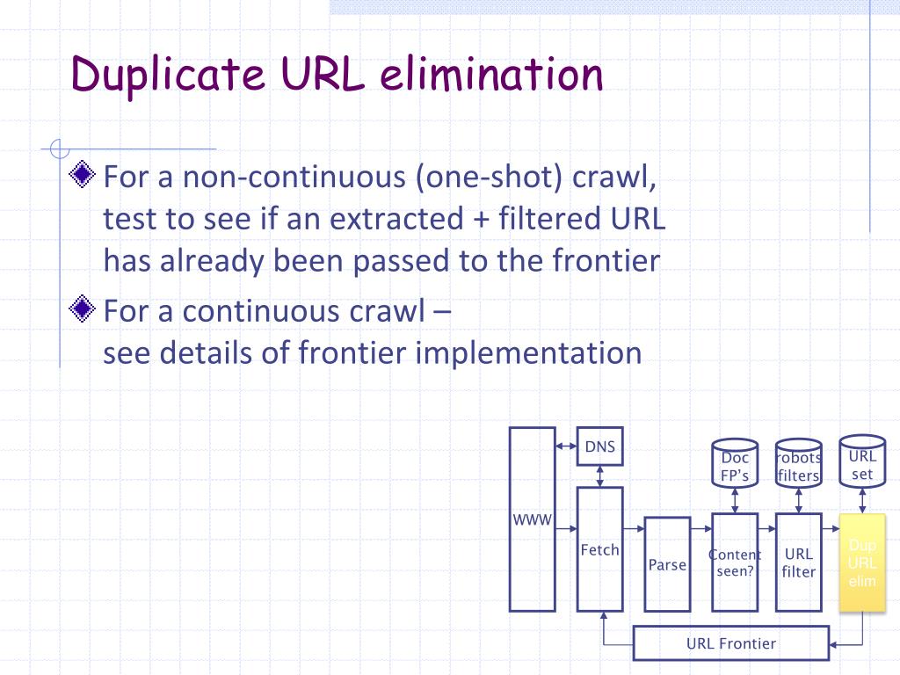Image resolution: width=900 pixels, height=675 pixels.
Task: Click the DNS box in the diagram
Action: point(599,448)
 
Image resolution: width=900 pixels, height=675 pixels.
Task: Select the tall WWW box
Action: point(532,519)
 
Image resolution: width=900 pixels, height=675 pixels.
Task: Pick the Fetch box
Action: point(599,550)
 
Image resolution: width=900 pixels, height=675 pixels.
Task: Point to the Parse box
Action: point(667,564)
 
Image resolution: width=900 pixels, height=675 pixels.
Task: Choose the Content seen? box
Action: point(734,562)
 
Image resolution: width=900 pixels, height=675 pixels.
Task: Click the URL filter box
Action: point(798,562)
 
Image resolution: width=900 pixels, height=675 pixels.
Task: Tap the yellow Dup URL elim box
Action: point(862,562)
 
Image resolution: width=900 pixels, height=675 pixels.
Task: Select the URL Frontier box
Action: point(730,643)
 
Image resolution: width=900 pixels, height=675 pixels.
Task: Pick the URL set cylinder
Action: point(862,461)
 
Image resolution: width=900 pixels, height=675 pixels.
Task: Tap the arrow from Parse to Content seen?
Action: point(700,530)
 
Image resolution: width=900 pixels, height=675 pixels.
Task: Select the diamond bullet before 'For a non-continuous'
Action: point(83,176)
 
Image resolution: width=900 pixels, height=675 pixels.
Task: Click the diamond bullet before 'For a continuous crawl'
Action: point(83,308)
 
